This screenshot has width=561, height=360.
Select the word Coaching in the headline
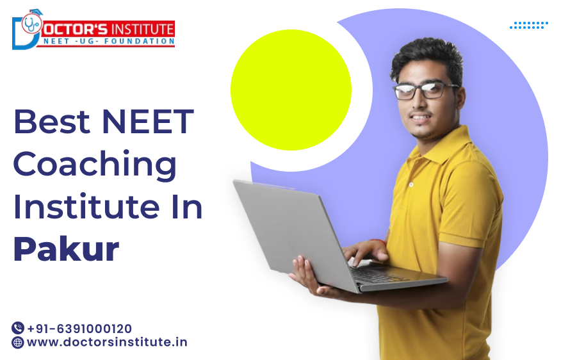[x=95, y=165]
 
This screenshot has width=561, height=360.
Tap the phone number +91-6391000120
[x=79, y=328]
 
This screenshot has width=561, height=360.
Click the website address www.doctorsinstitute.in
[x=107, y=342]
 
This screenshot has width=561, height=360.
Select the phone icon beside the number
[x=18, y=328]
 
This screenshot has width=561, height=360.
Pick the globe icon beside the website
[x=18, y=342]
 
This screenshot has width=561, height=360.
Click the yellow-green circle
[x=291, y=90]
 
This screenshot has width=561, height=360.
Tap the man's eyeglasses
[x=426, y=90]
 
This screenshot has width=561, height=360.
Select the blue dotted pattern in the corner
[x=529, y=25]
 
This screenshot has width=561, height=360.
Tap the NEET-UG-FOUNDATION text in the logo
[x=109, y=41]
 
